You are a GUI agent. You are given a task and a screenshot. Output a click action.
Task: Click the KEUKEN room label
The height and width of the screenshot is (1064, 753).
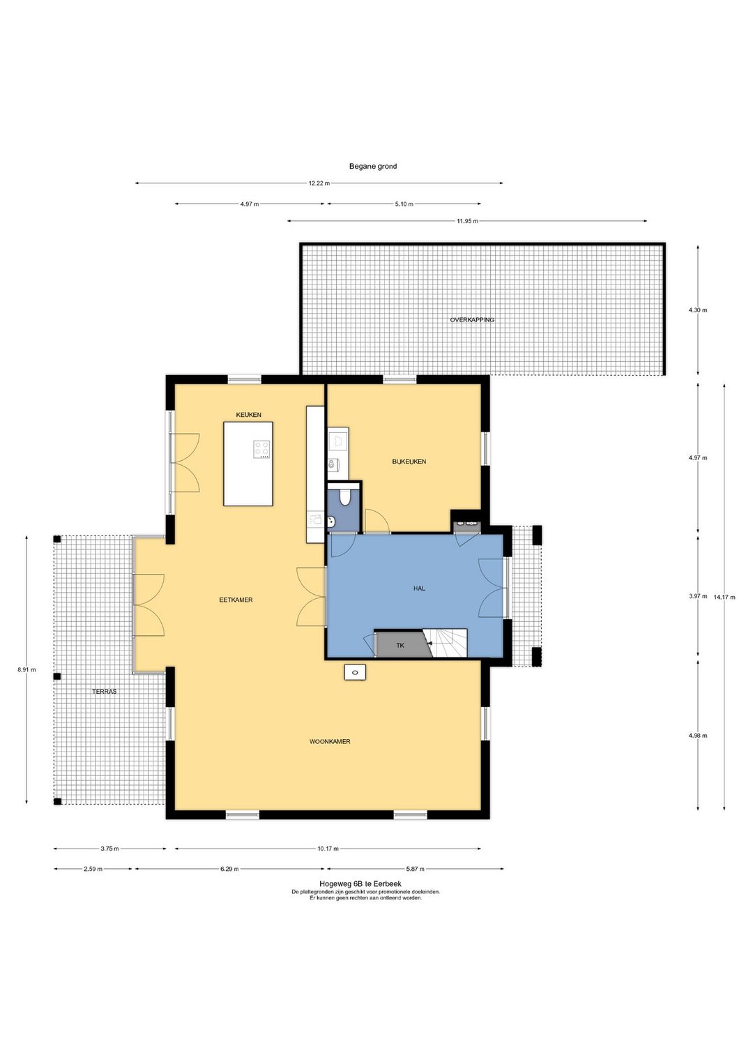pos(248,415)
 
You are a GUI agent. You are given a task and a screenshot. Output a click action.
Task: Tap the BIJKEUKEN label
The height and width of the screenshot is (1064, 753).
pos(409,461)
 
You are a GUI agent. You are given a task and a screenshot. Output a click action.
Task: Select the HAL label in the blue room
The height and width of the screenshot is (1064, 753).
pos(419,588)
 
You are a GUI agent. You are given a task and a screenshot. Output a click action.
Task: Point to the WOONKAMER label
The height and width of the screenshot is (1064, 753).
pos(330,741)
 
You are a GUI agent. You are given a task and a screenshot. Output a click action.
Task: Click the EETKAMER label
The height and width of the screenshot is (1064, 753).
pos(236,600)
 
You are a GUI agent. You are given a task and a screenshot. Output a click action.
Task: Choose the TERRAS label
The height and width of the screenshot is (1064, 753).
pos(104,692)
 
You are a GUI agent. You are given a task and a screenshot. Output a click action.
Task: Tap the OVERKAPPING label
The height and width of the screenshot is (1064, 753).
pos(472,320)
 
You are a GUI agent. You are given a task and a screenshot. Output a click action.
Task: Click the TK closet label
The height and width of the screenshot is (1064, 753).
pos(400,646)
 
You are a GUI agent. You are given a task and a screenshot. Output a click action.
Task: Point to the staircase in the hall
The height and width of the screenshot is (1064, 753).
pos(445,643)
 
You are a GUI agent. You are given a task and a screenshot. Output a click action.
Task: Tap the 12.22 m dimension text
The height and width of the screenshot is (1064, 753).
pos(319,183)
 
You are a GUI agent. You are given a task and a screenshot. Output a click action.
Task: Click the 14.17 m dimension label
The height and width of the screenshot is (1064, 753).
pos(724,597)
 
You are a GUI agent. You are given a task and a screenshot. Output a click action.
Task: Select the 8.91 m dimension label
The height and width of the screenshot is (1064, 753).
pos(26,670)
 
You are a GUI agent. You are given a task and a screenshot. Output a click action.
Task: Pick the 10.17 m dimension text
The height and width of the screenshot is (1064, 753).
pos(328,849)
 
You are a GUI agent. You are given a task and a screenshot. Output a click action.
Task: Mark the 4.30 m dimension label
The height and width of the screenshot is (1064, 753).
pos(697,310)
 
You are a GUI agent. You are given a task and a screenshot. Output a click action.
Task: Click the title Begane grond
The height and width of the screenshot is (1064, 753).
pos(373,166)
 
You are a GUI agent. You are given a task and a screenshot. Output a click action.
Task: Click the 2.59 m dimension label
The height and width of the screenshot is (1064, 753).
pos(93,869)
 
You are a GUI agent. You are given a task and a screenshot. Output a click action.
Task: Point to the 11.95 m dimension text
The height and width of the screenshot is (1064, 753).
pos(467,221)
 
